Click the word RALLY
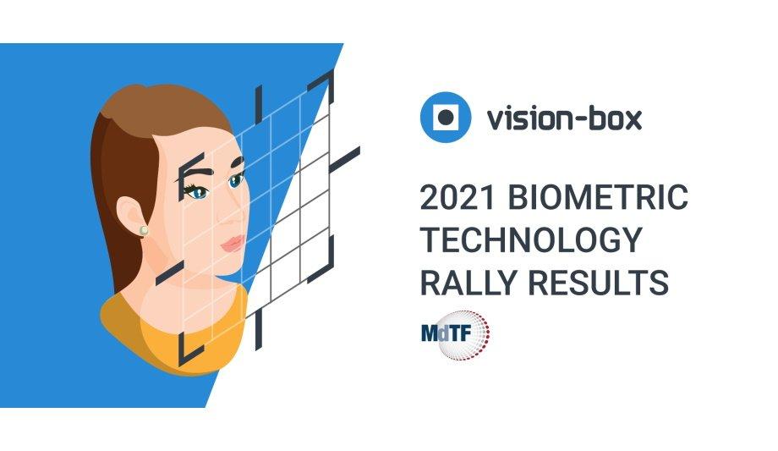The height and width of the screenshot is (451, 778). click(x=476, y=283)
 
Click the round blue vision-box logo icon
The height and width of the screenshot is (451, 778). click(x=445, y=117)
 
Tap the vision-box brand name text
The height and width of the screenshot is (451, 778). click(x=563, y=118)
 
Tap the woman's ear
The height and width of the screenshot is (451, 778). click(x=133, y=213)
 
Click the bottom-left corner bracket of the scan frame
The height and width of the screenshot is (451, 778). click(x=188, y=350)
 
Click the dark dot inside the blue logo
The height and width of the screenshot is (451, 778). click(x=445, y=117)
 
